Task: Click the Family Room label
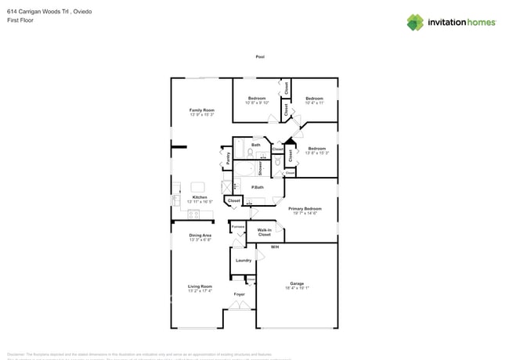(x=201, y=110)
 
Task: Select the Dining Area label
(x=200, y=235)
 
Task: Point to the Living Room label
(x=200, y=286)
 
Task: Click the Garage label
(x=297, y=283)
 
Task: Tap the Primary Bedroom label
(x=305, y=208)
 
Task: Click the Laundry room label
(x=243, y=260)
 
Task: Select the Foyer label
(x=239, y=294)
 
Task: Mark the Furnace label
(x=237, y=227)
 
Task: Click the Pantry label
(x=228, y=157)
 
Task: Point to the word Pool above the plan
(x=259, y=57)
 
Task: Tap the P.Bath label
(x=256, y=187)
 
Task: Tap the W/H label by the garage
(x=275, y=247)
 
